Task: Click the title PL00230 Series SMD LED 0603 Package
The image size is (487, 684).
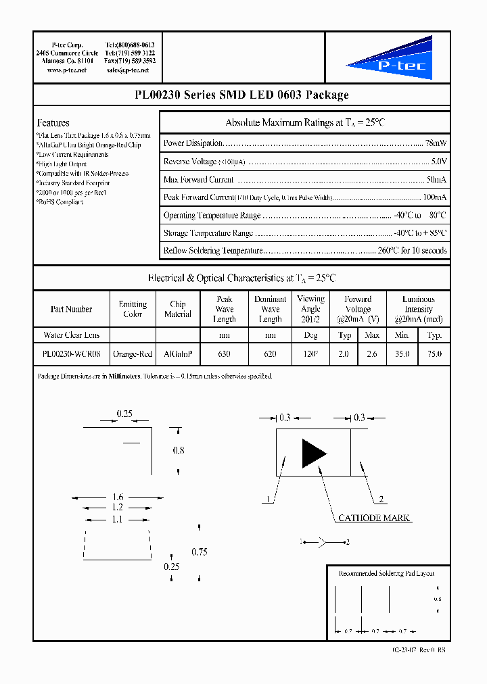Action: coord(242,95)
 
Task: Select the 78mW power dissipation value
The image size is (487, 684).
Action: coord(436,143)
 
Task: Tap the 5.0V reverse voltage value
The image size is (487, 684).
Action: coord(438,162)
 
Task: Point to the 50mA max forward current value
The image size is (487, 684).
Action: coord(436,180)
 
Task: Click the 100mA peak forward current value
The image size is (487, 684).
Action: coord(434,197)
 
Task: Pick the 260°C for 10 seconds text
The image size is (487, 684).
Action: coord(412,251)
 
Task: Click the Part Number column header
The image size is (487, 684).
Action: coord(71,310)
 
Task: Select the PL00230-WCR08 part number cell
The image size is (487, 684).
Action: coord(71,353)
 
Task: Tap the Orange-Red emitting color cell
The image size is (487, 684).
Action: coord(133,353)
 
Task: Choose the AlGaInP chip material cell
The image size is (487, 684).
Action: coord(178,353)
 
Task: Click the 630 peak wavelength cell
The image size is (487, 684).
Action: coord(224,353)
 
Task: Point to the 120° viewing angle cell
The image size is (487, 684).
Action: coord(310,353)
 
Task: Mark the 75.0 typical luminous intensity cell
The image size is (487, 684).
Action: coord(434,353)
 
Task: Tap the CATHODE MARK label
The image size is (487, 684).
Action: coord(374,518)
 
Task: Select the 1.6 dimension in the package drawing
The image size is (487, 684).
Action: coord(118,497)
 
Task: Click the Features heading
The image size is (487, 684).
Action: coord(53,123)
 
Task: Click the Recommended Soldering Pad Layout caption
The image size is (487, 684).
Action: coord(386,573)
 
